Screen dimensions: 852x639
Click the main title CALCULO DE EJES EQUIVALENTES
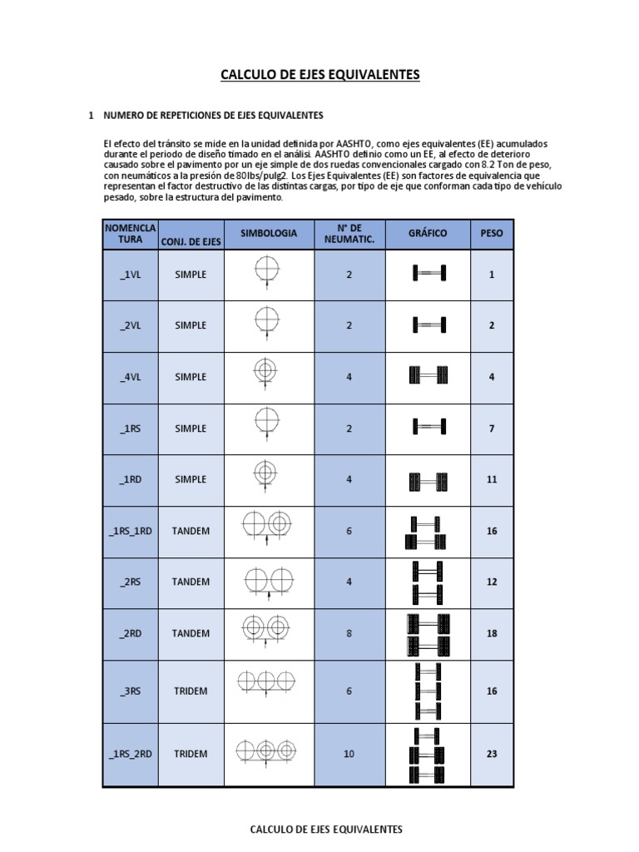(x=320, y=76)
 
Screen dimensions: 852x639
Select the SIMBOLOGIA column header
(x=268, y=234)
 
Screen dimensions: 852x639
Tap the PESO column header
(x=492, y=234)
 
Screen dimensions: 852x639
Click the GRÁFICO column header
(x=428, y=234)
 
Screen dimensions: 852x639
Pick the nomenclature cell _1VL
(x=130, y=274)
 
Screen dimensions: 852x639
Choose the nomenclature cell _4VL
(x=130, y=377)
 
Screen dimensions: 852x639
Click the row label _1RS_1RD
(x=130, y=531)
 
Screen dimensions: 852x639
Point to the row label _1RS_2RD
(x=130, y=754)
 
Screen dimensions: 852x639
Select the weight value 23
(x=492, y=754)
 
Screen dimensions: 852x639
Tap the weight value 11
(x=492, y=479)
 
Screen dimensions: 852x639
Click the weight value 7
(x=492, y=428)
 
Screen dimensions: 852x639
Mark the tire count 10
(x=349, y=754)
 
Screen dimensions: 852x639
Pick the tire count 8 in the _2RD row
(x=349, y=633)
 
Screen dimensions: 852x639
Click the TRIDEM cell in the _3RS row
(x=191, y=691)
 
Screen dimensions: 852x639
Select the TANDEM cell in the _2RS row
(x=191, y=582)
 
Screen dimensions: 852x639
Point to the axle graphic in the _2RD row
(x=428, y=634)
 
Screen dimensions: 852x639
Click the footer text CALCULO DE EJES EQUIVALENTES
(x=326, y=830)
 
